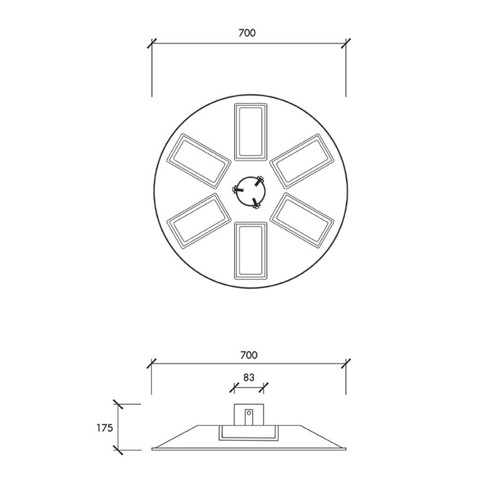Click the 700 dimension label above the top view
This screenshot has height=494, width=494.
click(247, 33)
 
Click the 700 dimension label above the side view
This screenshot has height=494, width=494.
click(249, 355)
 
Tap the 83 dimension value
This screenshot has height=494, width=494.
click(249, 377)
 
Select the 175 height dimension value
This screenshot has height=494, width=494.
click(105, 428)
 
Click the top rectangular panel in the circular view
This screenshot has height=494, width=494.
click(251, 132)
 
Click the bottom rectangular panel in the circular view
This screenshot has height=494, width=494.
click(251, 251)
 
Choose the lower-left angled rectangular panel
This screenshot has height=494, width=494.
click(199, 221)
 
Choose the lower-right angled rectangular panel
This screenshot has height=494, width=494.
click(302, 221)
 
